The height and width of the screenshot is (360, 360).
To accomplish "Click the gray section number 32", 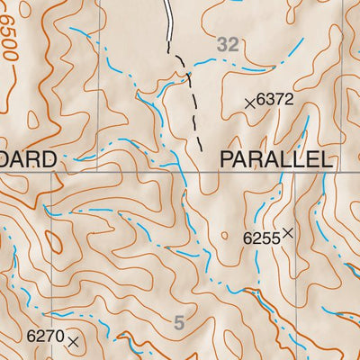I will (x=229, y=42).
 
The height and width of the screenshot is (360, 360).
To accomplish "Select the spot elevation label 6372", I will (x=275, y=102).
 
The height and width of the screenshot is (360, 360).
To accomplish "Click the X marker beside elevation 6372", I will (x=250, y=103).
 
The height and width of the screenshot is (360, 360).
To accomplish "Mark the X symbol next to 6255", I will (x=287, y=233).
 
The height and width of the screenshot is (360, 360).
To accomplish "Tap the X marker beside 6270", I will (x=73, y=340).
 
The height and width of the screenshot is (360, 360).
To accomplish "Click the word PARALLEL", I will (x=276, y=160).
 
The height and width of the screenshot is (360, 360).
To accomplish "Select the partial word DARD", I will (x=30, y=160).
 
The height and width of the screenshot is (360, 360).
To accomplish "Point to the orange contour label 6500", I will (x=11, y=40).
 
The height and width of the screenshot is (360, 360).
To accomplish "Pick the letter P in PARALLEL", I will (x=227, y=160).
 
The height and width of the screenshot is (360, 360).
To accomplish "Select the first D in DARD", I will (x=9, y=160).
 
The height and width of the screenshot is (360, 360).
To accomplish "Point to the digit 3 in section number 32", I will (x=223, y=42).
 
